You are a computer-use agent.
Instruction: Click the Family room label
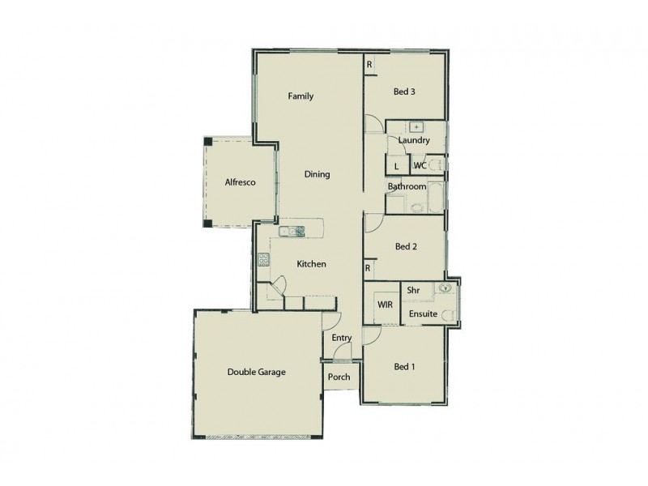pos(301,96)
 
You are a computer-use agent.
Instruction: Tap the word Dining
pos(317,174)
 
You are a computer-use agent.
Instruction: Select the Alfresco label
pos(240,183)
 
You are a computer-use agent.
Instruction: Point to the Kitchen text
pos(311,264)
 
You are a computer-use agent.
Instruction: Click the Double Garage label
pos(256,373)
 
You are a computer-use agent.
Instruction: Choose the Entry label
pos(341,337)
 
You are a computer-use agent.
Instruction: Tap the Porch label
pos(339,377)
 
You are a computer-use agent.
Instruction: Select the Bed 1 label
pos(404,367)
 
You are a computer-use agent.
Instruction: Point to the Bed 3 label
pos(404,92)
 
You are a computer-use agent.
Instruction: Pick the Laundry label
pos(413,141)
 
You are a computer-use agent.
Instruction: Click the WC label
pos(420,166)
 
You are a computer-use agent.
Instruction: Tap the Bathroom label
pos(406,187)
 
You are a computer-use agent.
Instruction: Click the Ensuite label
pos(423,313)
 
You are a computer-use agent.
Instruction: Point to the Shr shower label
pos(413,289)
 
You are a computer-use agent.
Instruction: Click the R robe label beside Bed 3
pos(369,65)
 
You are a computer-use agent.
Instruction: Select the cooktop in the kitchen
pos(263,260)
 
